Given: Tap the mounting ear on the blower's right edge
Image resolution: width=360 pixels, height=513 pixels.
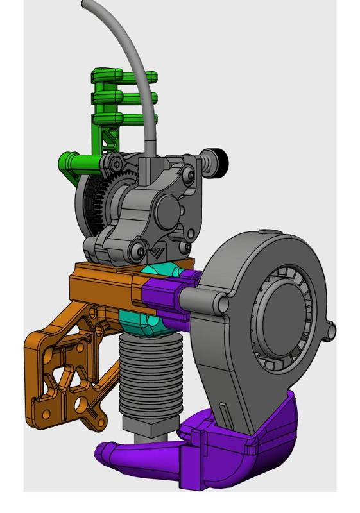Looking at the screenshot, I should pos(330,330).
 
